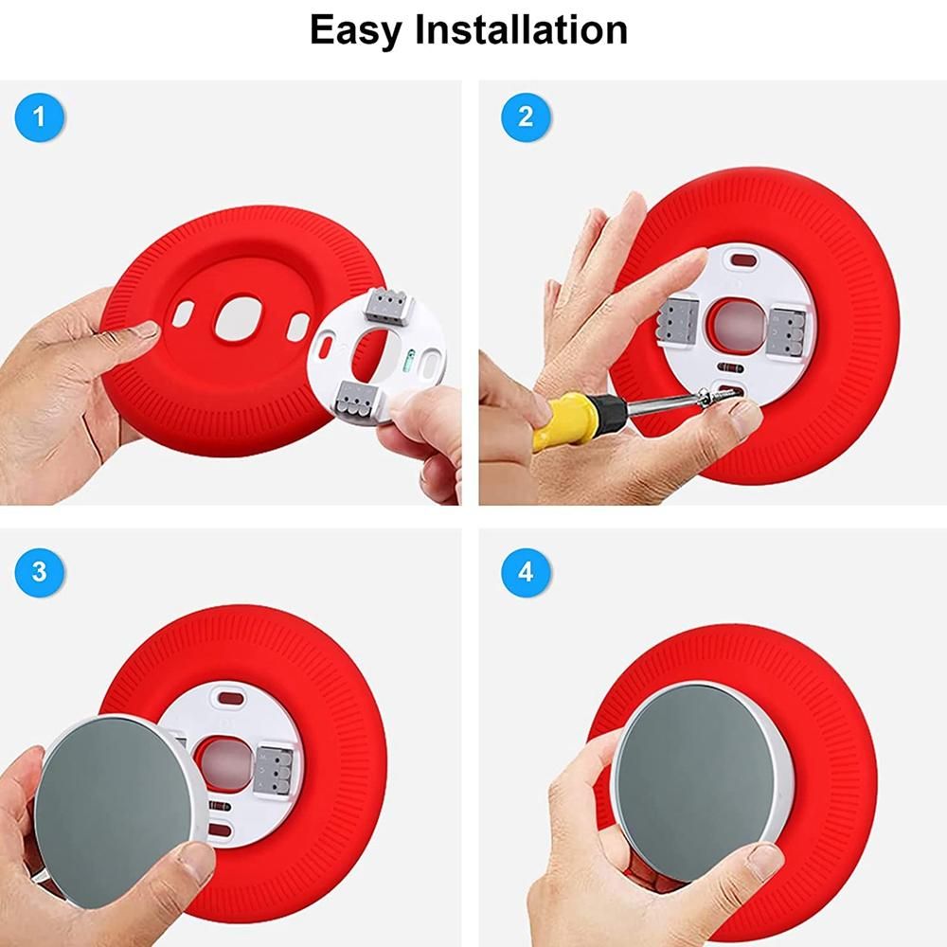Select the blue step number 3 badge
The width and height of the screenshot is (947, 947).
point(39,572)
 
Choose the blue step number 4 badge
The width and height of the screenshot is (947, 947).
point(526,572)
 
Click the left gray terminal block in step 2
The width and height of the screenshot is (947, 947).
point(678,321)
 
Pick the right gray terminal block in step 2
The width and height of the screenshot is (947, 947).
point(790,327)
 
